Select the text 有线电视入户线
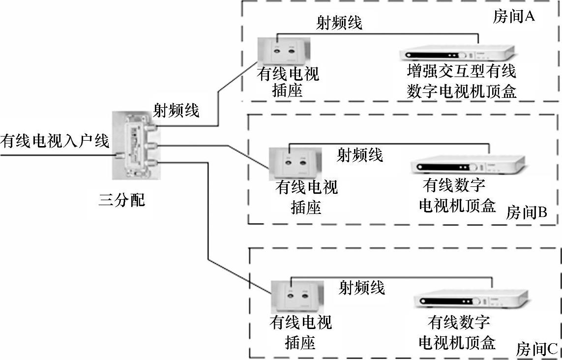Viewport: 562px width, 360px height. pyautogui.click(x=55, y=141)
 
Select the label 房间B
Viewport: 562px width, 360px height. pyautogui.click(x=526, y=212)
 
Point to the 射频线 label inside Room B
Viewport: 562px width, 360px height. pyautogui.click(x=359, y=155)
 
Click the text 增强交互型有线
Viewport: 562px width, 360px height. pyautogui.click(x=462, y=72)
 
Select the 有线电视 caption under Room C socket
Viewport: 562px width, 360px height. pyautogui.click(x=300, y=323)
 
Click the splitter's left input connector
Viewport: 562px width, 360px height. pyautogui.click(x=118, y=156)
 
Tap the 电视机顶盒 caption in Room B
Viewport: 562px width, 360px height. pyautogui.click(x=457, y=205)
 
